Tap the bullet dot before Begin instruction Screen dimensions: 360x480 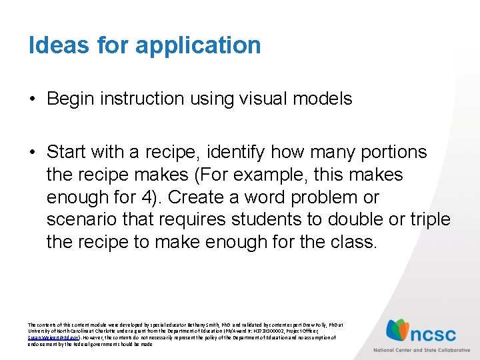point(32,100)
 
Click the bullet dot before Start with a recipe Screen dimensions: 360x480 point(32,153)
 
